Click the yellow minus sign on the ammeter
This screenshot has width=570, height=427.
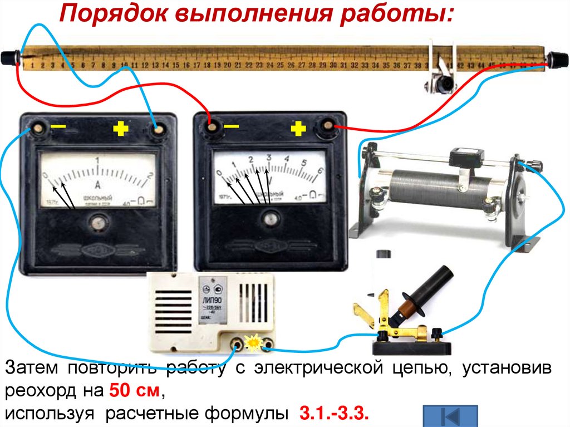coord(58,127)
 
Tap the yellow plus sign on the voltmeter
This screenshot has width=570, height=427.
coord(298,130)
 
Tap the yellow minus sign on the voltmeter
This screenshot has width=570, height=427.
coord(232,127)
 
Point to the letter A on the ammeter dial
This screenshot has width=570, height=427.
coord(98,185)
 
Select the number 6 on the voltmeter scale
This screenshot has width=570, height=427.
coord(320,171)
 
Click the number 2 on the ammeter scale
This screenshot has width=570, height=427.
coord(149,176)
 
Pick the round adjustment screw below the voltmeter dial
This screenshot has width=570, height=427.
coord(271,218)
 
